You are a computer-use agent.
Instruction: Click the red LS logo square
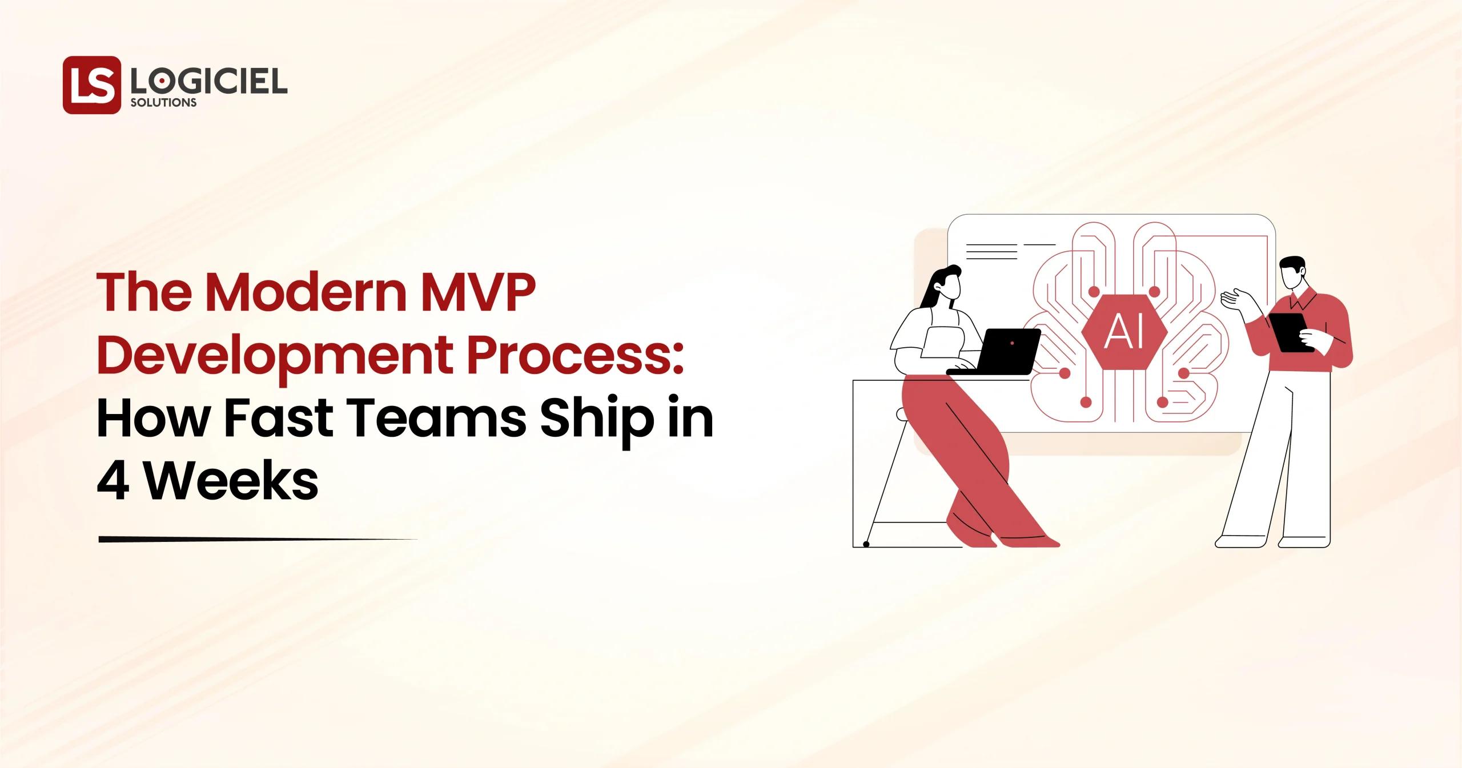pyautogui.click(x=91, y=85)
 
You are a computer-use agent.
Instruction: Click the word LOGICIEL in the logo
pyautogui.click(x=208, y=82)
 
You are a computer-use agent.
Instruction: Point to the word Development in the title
pyautogui.click(x=277, y=355)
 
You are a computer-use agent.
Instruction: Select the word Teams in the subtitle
pyautogui.click(x=437, y=418)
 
